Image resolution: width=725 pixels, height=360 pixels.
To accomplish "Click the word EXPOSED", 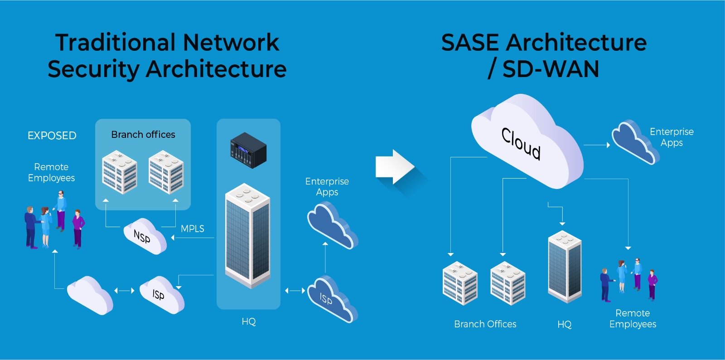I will [52, 136].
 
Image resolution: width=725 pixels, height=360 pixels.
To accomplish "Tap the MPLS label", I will [192, 229].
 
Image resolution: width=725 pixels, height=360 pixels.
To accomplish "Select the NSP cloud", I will [144, 236].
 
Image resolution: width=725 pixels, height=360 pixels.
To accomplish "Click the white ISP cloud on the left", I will [161, 295].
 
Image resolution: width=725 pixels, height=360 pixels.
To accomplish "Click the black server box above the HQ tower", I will [248, 150].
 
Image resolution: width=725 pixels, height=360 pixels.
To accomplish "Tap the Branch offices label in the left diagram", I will [143, 135].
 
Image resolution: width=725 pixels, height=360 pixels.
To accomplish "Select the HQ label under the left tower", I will [248, 321].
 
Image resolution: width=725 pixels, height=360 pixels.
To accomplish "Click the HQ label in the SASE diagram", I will [564, 324].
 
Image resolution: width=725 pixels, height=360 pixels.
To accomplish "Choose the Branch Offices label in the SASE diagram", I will [485, 324].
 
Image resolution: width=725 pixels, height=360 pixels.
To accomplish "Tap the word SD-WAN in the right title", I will [551, 69].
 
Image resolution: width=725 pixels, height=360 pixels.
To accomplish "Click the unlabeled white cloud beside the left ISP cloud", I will [90, 295].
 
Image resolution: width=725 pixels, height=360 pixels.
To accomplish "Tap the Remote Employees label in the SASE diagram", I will [633, 319].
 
